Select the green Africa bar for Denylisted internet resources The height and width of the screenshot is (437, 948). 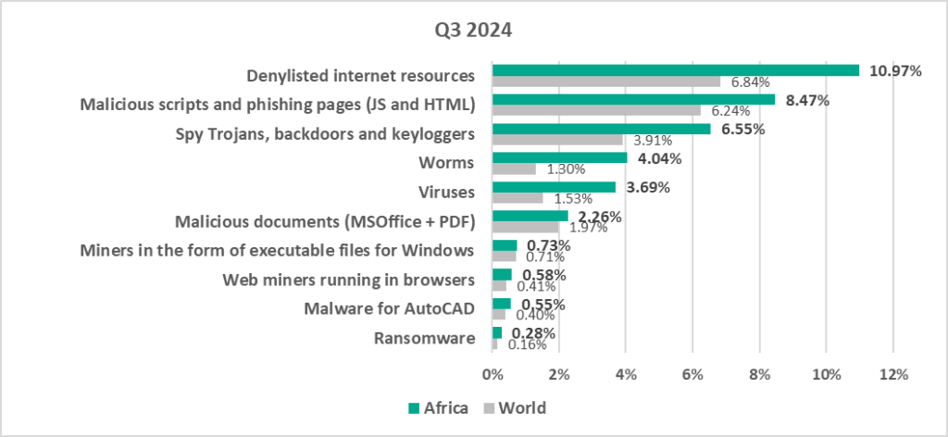point(675,70)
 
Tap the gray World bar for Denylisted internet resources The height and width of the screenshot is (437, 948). point(605,81)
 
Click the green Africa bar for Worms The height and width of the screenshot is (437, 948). point(559,158)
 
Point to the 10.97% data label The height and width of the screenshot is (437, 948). point(895,70)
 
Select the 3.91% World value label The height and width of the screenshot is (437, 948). point(653,140)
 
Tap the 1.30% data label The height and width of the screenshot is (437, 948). point(565,169)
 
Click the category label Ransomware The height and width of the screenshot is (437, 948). point(424,339)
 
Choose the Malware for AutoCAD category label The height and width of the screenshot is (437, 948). point(390,309)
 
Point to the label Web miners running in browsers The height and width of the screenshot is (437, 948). point(349,281)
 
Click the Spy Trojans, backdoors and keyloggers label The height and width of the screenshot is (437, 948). point(325,133)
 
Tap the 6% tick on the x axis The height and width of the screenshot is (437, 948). point(692,376)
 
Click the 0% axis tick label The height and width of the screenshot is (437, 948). point(493,376)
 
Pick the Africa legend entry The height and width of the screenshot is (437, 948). point(438,407)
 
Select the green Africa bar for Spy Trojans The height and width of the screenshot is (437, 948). point(601,129)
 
